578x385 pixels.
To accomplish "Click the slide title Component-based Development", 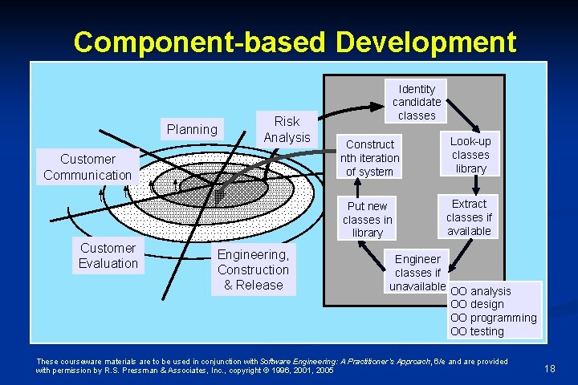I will coord(295,42).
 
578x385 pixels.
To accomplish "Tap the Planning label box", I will coord(192,129).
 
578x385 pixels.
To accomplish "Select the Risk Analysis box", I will coord(287,129).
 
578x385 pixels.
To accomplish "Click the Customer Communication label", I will coord(88,167).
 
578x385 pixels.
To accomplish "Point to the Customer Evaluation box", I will coord(108,256).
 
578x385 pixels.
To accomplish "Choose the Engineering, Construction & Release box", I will coord(253,269).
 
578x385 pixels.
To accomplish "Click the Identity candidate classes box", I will coord(417,102).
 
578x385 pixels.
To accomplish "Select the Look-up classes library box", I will coord(470,154).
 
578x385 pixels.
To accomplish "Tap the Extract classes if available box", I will coord(469,217).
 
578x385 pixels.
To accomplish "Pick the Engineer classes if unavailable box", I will coord(417,272).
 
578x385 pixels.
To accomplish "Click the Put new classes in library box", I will coord(368,219).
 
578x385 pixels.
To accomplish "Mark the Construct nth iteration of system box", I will coord(369,158).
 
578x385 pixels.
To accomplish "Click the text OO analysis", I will coord(480,290).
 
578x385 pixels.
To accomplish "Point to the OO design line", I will coord(477,304).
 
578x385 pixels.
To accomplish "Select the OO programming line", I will coord(493,318).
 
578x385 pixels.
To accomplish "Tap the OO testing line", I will coord(477,331).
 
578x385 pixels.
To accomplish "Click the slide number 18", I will coord(550,368).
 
